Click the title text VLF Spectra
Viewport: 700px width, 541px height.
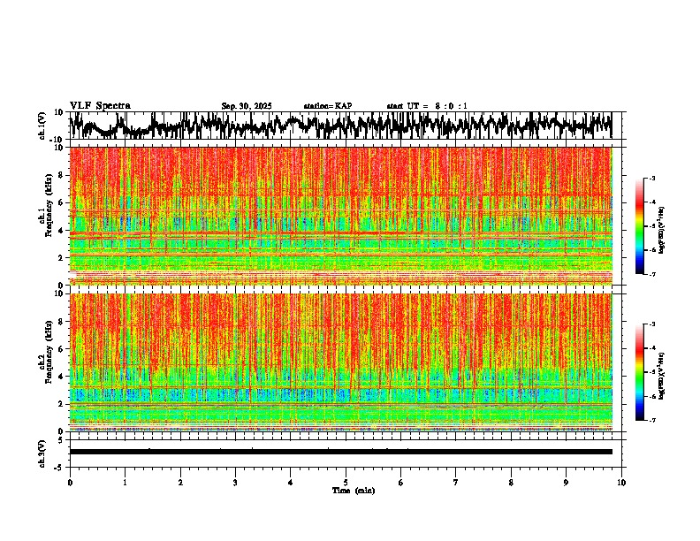click(x=100, y=106)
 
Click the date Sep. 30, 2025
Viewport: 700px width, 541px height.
click(x=247, y=106)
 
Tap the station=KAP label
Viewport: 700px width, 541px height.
click(x=328, y=106)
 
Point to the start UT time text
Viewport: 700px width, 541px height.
click(x=427, y=106)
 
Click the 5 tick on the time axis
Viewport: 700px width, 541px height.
click(x=346, y=483)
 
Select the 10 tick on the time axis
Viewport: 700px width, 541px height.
click(x=621, y=483)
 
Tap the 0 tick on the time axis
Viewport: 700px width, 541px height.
click(x=70, y=483)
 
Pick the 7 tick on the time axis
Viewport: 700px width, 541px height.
click(x=456, y=483)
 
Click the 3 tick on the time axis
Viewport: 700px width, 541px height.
click(x=235, y=483)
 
